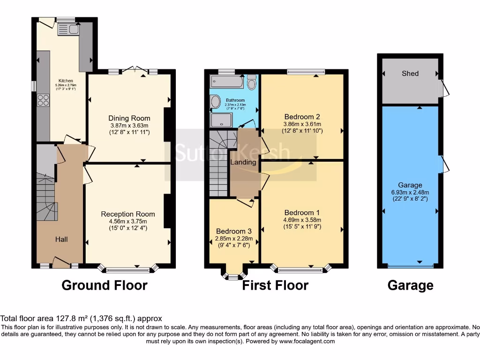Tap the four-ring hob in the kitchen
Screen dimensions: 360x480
44,100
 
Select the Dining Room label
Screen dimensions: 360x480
129,118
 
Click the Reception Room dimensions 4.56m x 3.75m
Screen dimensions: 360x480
128,222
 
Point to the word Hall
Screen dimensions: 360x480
61,239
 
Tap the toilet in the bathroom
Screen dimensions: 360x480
252,83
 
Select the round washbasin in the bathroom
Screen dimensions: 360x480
215,101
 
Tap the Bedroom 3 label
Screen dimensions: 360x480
233,231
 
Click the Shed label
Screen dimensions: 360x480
410,74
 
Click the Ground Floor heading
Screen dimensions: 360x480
104,285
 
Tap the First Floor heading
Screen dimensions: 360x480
275,285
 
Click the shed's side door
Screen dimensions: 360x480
441,88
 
